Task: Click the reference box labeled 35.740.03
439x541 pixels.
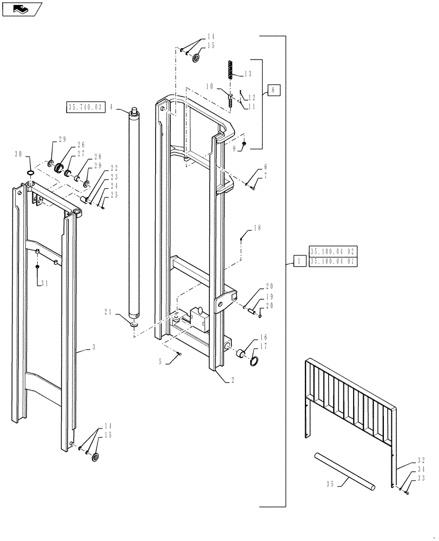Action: click(x=85, y=107)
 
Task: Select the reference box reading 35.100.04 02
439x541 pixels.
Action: click(x=333, y=252)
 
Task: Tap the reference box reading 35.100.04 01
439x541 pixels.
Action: click(x=333, y=262)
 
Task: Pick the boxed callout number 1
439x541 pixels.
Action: click(x=298, y=262)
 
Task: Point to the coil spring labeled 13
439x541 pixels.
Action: click(x=230, y=70)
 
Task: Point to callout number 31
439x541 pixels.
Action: click(x=44, y=283)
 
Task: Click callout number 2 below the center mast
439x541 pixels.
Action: click(x=232, y=380)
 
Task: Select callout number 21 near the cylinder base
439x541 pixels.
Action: click(x=109, y=312)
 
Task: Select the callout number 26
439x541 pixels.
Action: click(x=81, y=144)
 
